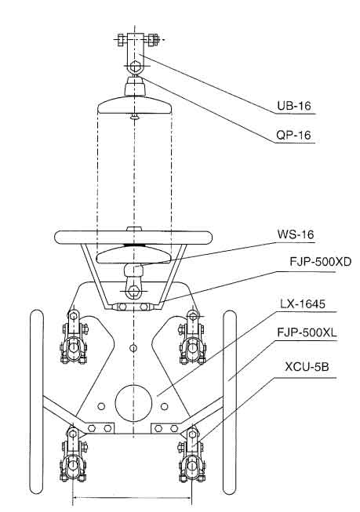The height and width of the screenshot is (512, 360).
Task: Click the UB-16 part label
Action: [x=294, y=106]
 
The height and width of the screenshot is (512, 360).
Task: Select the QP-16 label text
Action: [x=293, y=135]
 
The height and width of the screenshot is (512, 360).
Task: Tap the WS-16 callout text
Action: [x=296, y=234]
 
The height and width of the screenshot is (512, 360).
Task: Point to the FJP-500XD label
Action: [x=321, y=261]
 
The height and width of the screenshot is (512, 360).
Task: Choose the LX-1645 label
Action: [x=303, y=304]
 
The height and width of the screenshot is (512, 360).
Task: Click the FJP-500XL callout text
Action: [x=307, y=332]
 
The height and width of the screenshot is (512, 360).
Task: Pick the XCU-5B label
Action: [x=307, y=367]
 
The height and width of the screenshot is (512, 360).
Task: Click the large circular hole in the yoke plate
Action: [x=133, y=403]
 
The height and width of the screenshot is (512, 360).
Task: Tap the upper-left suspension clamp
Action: [x=75, y=338]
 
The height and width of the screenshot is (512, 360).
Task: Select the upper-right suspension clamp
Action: [x=192, y=338]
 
